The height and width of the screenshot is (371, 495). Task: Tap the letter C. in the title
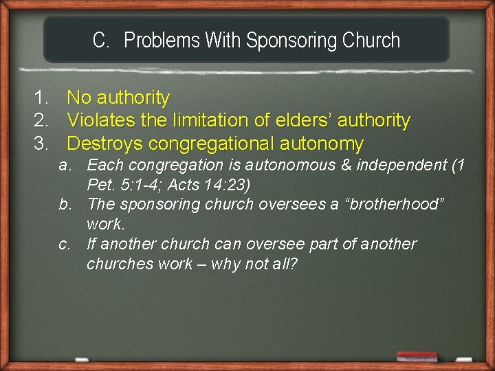pyautogui.click(x=101, y=41)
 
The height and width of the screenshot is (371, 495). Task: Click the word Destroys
pyautogui.click(x=104, y=144)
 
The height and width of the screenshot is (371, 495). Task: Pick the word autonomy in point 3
pyautogui.click(x=322, y=144)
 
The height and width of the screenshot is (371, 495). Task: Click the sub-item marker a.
pyautogui.click(x=66, y=165)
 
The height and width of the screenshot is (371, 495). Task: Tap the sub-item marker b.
pyautogui.click(x=66, y=204)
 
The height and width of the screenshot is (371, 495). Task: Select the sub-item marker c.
pyautogui.click(x=65, y=244)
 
